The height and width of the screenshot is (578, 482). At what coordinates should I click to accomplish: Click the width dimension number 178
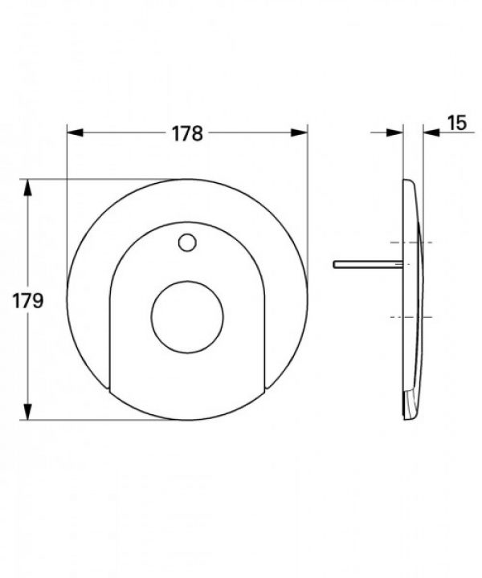click(187, 133)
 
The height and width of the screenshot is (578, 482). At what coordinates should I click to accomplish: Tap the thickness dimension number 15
click(456, 123)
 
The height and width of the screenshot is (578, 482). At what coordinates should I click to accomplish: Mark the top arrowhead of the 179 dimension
click(28, 185)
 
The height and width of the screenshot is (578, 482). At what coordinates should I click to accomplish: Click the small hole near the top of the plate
click(187, 241)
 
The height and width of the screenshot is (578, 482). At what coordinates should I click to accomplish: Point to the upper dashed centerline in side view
click(411, 242)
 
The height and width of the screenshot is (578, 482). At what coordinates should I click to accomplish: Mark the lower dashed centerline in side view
click(411, 318)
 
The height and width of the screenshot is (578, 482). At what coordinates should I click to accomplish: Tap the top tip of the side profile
click(408, 181)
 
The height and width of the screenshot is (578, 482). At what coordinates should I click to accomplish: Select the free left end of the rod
click(333, 263)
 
